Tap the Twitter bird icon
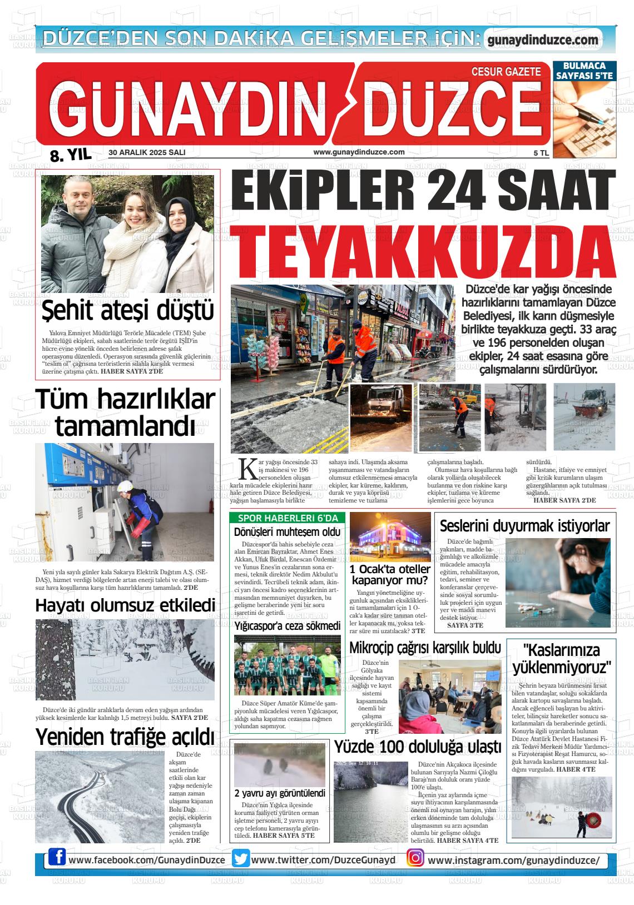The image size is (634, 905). [x=241, y=859]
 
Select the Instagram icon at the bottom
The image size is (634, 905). [x=415, y=859]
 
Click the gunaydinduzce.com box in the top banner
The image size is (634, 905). [x=543, y=40]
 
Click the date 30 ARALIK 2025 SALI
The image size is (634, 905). [x=147, y=152]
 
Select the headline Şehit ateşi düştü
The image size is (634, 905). [x=128, y=310]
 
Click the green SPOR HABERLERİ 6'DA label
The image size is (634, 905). [x=288, y=518]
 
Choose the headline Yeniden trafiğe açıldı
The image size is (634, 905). [x=125, y=737]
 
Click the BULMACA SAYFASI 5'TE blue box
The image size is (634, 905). [x=584, y=71]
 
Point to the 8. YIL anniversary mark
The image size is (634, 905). [x=70, y=155]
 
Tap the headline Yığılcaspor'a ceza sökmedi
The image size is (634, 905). [x=287, y=626]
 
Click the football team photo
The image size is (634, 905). [x=287, y=665]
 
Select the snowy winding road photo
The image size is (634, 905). [x=98, y=797]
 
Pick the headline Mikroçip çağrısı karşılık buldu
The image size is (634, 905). [x=425, y=648]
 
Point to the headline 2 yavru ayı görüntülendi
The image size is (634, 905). [x=279, y=793]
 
